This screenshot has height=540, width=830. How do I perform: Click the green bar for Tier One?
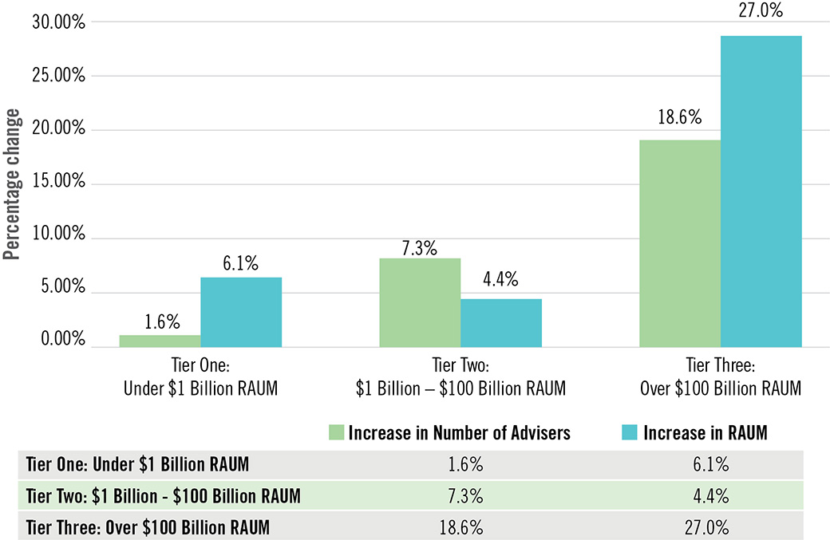[x=160, y=341]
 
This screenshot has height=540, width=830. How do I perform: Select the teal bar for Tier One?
[x=241, y=312]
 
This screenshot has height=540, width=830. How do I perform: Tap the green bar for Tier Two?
[x=420, y=302]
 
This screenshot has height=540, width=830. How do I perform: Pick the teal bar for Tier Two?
[x=501, y=323]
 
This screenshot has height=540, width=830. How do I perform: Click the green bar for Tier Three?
[x=680, y=243]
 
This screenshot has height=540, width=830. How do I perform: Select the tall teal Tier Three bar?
[x=761, y=191]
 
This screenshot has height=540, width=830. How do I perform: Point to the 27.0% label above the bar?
[x=761, y=12]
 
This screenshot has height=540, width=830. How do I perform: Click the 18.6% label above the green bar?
[x=680, y=118]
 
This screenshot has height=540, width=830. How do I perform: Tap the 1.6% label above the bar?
[x=161, y=323]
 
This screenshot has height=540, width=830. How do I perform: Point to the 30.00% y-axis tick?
[x=57, y=22]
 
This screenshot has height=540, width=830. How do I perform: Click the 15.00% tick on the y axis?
[x=57, y=182]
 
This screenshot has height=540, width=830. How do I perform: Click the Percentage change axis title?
[x=11, y=190]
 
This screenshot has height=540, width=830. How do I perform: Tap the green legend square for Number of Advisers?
[x=337, y=432]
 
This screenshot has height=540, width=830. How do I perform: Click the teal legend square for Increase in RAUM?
[x=628, y=432]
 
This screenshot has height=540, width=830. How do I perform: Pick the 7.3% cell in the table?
[x=465, y=495]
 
